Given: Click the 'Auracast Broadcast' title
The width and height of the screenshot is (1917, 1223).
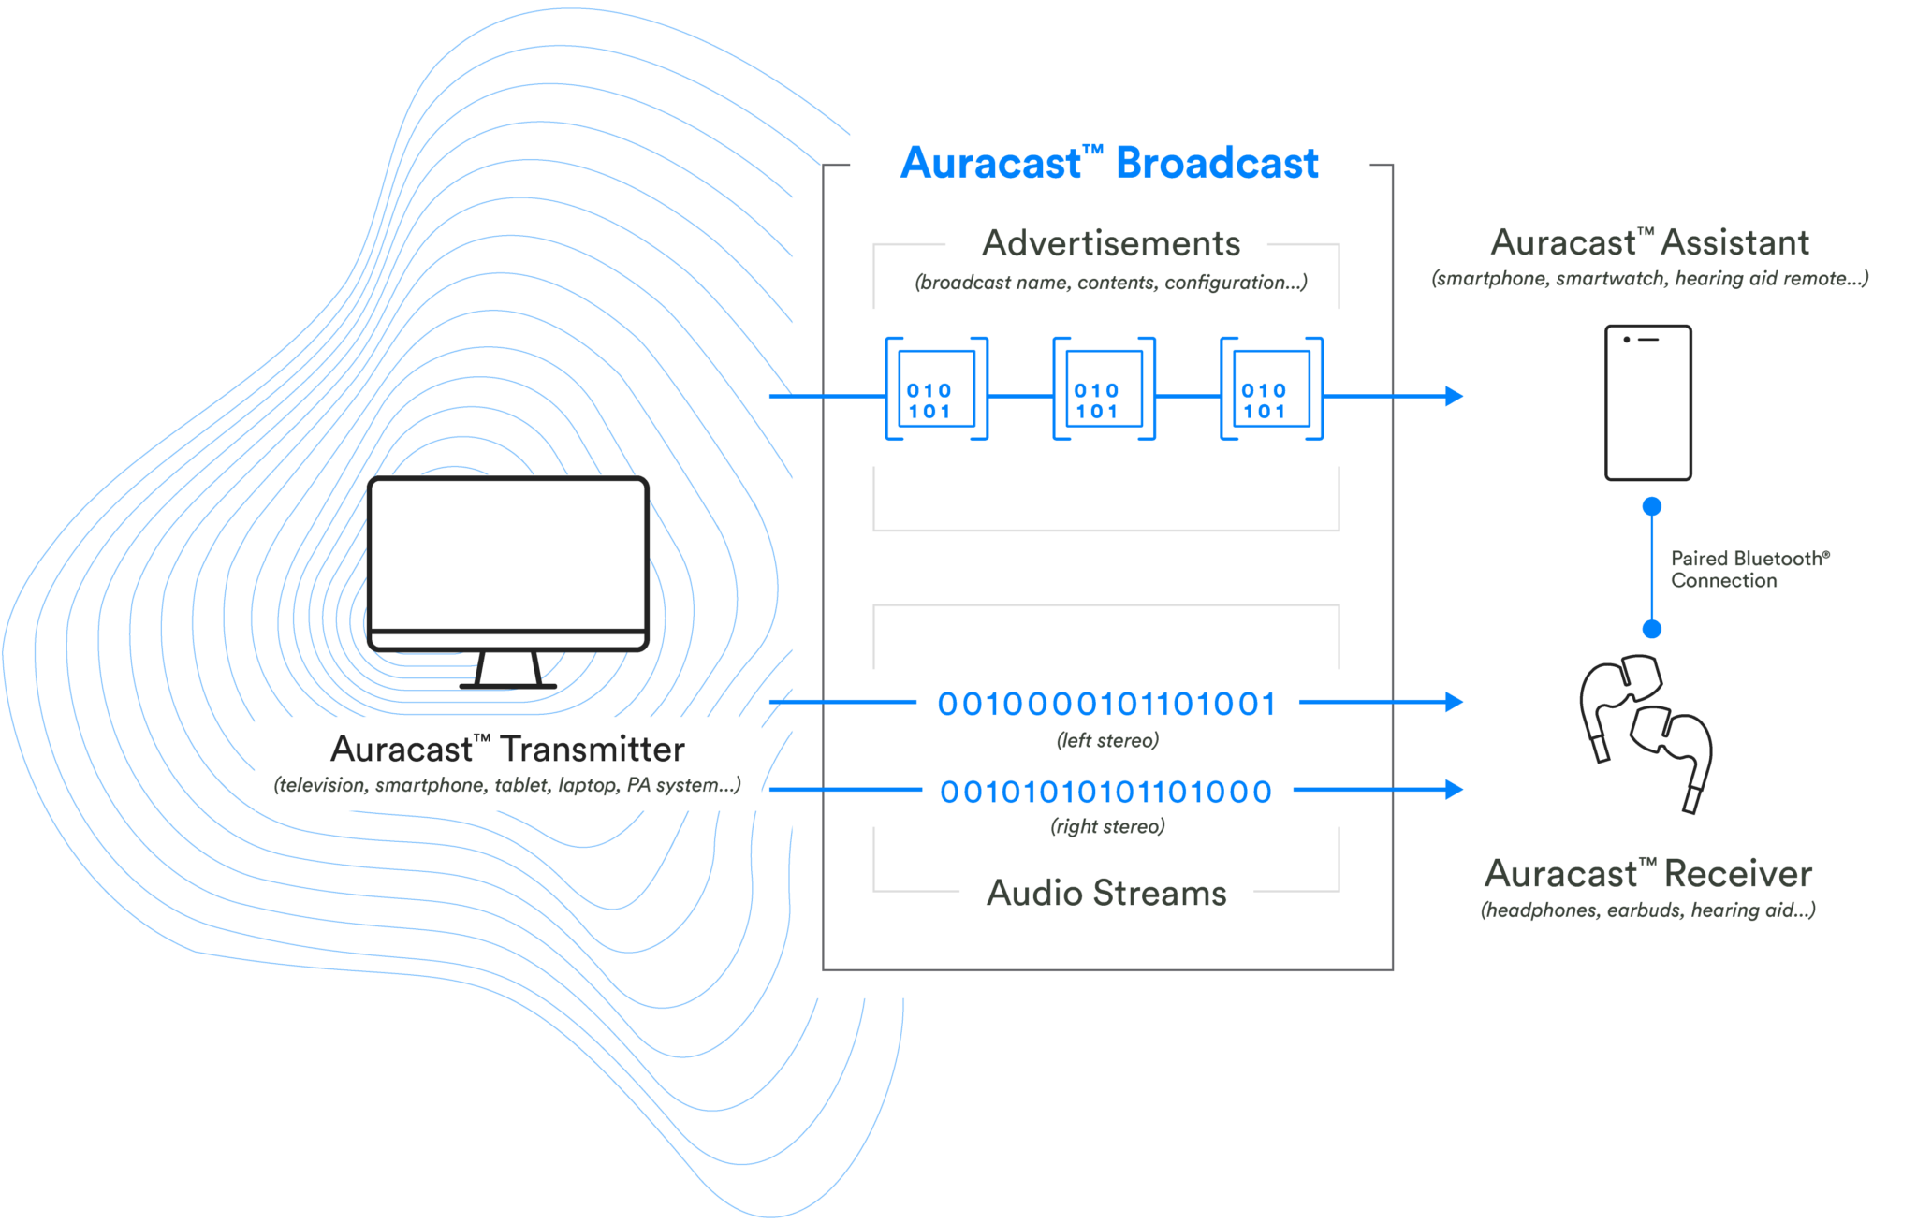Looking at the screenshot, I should [1109, 163].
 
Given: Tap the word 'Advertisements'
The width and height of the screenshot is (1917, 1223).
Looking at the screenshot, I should [1111, 243].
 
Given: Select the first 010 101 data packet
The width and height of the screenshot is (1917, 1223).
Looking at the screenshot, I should [936, 389].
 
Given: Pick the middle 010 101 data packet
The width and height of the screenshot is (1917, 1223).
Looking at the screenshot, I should [1104, 389].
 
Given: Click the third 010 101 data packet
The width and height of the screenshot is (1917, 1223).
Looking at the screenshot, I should [1271, 389].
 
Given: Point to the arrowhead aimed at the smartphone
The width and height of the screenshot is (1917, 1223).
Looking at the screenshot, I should [1454, 396].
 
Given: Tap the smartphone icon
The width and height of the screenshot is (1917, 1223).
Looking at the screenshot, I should [1647, 402].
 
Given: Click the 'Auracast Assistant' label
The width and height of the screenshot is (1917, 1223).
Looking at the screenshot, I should [1649, 243].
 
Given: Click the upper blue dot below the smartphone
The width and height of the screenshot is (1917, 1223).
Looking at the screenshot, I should [1652, 506].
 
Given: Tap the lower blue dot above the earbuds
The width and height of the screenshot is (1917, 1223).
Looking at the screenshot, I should [1652, 629].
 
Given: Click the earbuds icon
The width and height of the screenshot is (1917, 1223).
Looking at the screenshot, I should [1646, 730].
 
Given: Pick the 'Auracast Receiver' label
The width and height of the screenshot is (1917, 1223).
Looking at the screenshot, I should [1647, 874].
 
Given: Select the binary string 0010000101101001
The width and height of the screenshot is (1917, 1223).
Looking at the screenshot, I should [1106, 704].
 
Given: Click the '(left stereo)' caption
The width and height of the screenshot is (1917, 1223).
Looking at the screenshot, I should [1107, 740].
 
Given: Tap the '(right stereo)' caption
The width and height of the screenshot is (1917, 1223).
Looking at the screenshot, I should [1107, 826].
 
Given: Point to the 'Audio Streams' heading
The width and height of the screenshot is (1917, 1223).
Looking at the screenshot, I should [1106, 893].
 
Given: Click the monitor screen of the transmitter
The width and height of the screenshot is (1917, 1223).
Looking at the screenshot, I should [508, 554].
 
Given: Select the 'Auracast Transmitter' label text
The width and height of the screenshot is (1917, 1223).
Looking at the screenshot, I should [507, 750].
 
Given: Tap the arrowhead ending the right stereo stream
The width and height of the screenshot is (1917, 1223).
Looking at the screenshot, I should [1454, 789].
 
